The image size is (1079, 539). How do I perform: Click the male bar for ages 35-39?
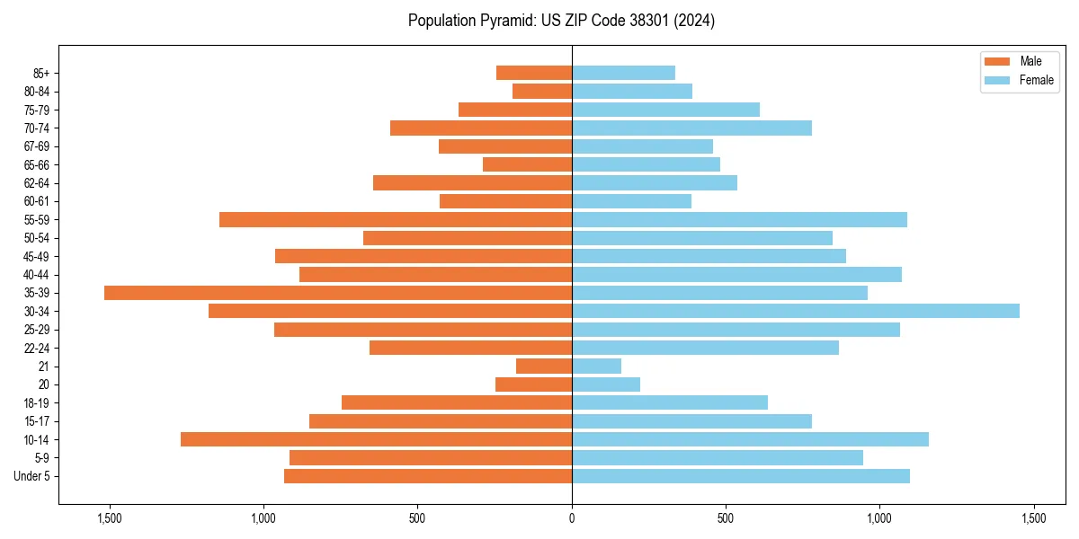coord(338,293)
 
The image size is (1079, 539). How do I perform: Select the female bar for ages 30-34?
coord(796,311)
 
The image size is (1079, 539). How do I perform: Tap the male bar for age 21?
coord(544,367)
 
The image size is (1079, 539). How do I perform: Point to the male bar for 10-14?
coord(376,439)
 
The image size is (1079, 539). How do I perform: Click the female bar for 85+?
coord(623,73)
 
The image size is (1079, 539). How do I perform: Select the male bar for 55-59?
coord(396,219)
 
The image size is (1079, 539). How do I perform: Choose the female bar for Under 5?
coord(741,476)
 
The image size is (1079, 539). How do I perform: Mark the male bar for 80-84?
coord(542,91)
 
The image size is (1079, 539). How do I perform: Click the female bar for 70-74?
coord(691,128)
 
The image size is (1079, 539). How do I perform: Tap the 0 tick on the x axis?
coord(572,518)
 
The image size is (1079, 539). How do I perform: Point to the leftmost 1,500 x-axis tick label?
coord(110,518)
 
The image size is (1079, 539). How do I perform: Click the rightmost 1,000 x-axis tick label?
coord(879,518)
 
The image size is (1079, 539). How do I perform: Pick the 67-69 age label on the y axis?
coord(36,146)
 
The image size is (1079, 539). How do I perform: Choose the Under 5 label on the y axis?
coord(32,476)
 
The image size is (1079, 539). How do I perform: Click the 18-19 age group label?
coord(36,403)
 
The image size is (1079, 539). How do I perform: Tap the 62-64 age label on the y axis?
coord(36,183)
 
